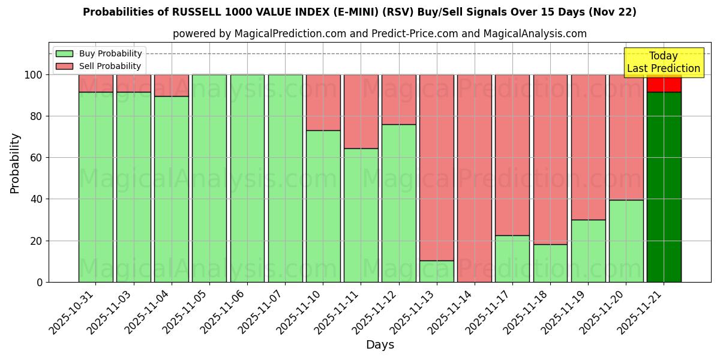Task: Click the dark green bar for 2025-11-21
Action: [664, 187]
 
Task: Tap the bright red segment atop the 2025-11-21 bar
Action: [664, 84]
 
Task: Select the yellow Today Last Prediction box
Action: [663, 62]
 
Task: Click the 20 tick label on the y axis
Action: [37, 241]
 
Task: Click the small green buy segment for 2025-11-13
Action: [436, 271]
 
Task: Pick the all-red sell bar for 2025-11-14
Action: [474, 178]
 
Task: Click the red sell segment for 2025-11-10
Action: [323, 103]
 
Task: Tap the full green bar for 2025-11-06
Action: [247, 178]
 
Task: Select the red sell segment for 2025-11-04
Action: [172, 85]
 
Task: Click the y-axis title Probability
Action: [15, 163]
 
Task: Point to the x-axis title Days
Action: [380, 345]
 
